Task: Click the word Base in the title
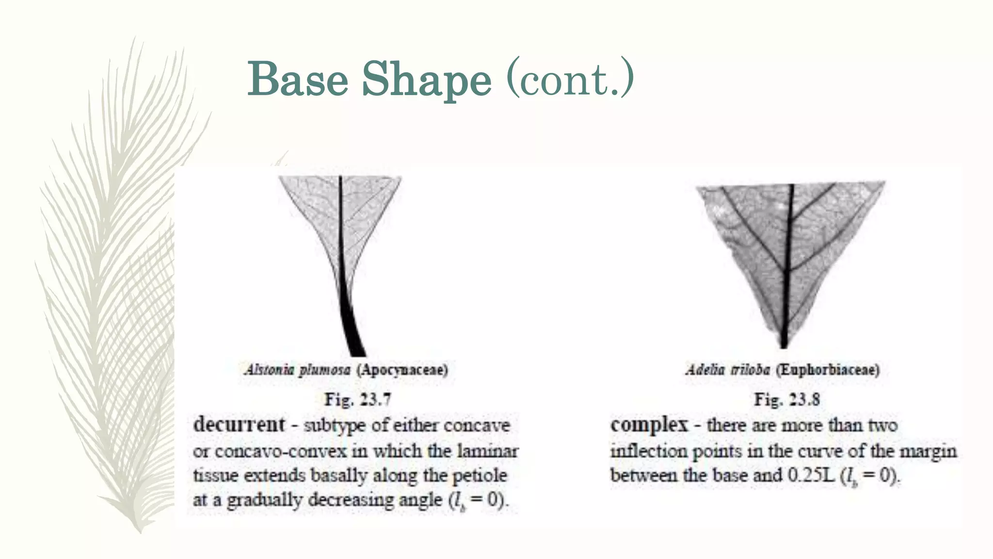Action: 298,79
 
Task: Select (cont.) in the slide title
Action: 570,78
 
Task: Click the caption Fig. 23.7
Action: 358,399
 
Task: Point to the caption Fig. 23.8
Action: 786,399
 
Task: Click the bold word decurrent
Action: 239,425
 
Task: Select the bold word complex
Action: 649,425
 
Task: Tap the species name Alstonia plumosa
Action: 297,370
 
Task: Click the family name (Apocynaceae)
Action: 402,370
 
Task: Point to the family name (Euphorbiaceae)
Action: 828,370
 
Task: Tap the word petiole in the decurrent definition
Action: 480,475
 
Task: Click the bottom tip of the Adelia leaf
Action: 784,345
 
